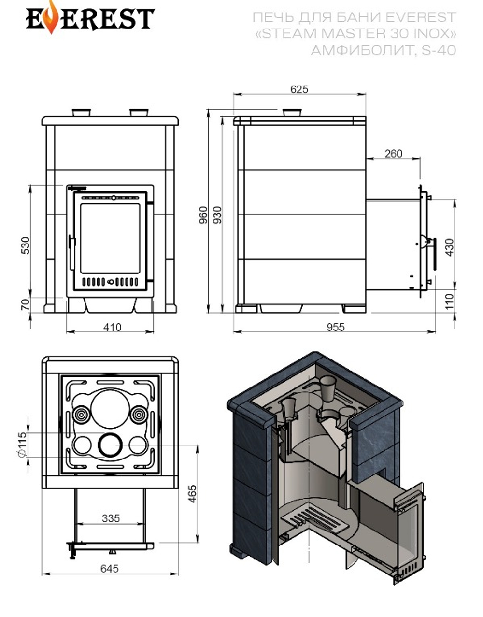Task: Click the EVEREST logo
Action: click(90, 19)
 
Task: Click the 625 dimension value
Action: click(299, 89)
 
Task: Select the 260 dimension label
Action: click(393, 154)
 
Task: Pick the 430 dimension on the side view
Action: click(450, 247)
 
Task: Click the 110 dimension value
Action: click(450, 301)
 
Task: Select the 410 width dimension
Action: click(112, 327)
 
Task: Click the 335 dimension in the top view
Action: click(111, 518)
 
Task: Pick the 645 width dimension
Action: click(110, 569)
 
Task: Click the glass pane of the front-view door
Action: click(110, 238)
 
